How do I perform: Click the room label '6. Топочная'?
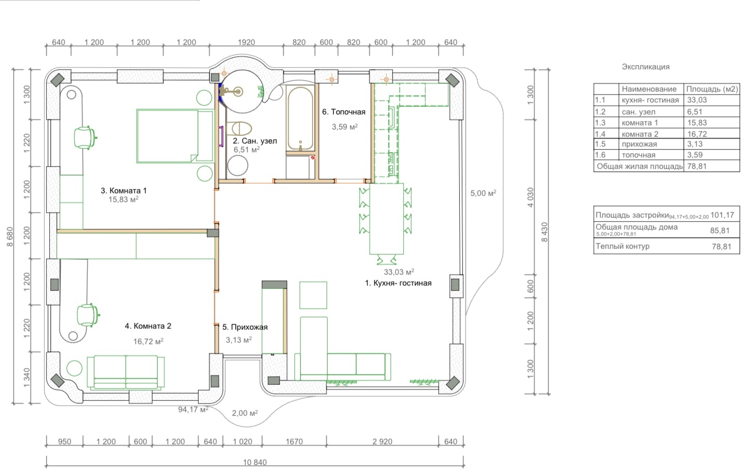pos(344,112)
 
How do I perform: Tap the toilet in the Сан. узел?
pos(239,129)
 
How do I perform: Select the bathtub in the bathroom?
pos(300,119)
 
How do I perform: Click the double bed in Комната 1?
pos(175,136)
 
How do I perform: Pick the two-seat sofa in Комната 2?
pos(126,372)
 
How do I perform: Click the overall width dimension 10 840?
pos(255,462)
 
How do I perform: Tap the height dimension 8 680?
pos(10,236)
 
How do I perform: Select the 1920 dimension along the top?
pos(246,43)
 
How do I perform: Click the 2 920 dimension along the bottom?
pos(382,441)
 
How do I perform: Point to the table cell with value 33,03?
pos(697,100)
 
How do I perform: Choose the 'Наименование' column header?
pos(649,89)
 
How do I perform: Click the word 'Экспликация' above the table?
pos(645,66)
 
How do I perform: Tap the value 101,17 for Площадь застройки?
pos(722,215)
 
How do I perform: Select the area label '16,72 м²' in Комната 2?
pos(148,341)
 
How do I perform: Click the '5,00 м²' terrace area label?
pos(483,193)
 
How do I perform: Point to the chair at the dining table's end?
pos(387,260)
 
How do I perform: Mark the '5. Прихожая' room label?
pos(245,327)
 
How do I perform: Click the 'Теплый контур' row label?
pos(622,246)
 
